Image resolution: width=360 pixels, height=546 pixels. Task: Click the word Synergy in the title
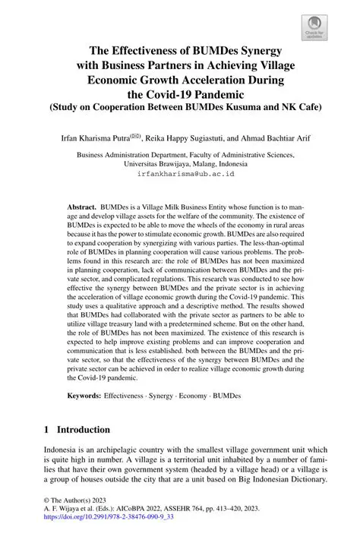tap(254, 51)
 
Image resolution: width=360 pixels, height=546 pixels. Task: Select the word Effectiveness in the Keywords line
tap(125, 396)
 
